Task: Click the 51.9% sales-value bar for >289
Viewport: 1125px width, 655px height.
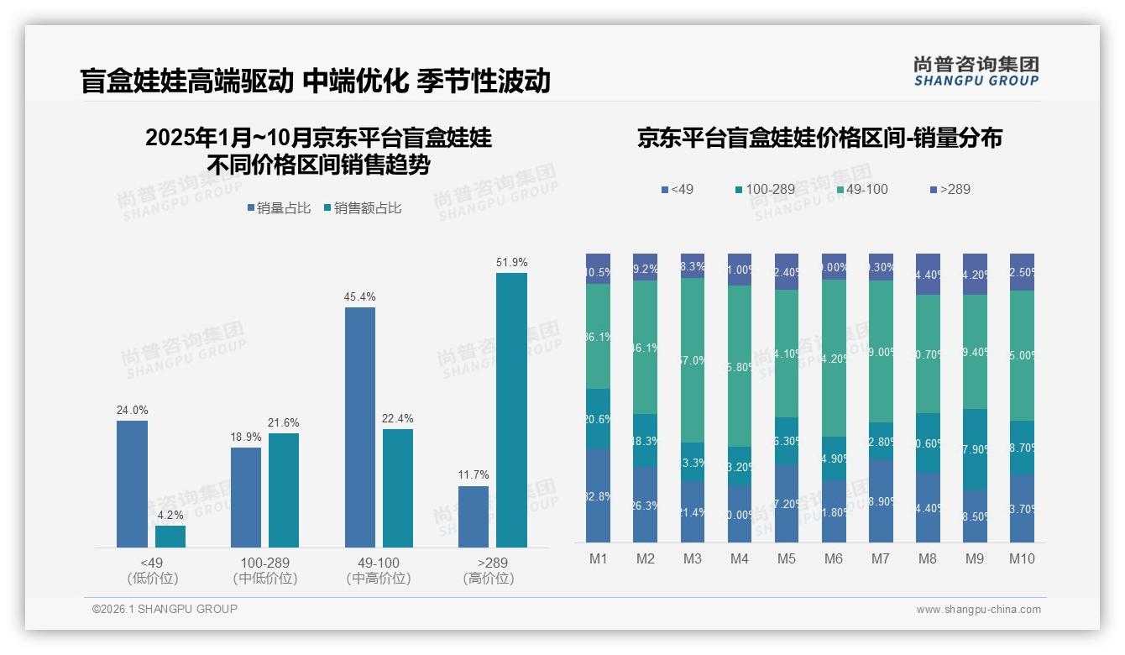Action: click(511, 410)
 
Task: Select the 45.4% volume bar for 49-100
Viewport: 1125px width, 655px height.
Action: click(360, 427)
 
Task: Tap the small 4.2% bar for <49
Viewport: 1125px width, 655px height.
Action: click(170, 537)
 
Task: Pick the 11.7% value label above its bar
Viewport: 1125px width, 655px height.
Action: click(474, 475)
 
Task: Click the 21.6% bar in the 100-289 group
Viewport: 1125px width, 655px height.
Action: click(284, 490)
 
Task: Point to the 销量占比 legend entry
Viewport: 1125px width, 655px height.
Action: click(279, 208)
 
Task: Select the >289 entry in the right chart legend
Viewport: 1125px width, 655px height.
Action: click(950, 190)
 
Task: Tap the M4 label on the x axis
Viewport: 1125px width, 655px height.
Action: click(740, 559)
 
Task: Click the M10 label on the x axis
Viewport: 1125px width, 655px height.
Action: click(1022, 559)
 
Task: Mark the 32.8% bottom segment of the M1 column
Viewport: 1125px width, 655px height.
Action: click(599, 495)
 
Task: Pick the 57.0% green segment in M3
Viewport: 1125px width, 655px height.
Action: click(693, 360)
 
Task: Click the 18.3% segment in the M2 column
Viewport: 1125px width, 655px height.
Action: click(646, 441)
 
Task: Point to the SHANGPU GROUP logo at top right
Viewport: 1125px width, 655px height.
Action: click(976, 71)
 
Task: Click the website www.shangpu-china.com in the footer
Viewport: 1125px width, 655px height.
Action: click(978, 610)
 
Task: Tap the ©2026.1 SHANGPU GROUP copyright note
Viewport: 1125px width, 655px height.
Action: click(165, 609)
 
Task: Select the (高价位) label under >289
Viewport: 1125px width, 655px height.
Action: click(489, 579)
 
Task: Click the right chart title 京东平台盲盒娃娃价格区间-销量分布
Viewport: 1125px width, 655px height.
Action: click(819, 139)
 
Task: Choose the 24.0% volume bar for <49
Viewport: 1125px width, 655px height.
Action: click(132, 484)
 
